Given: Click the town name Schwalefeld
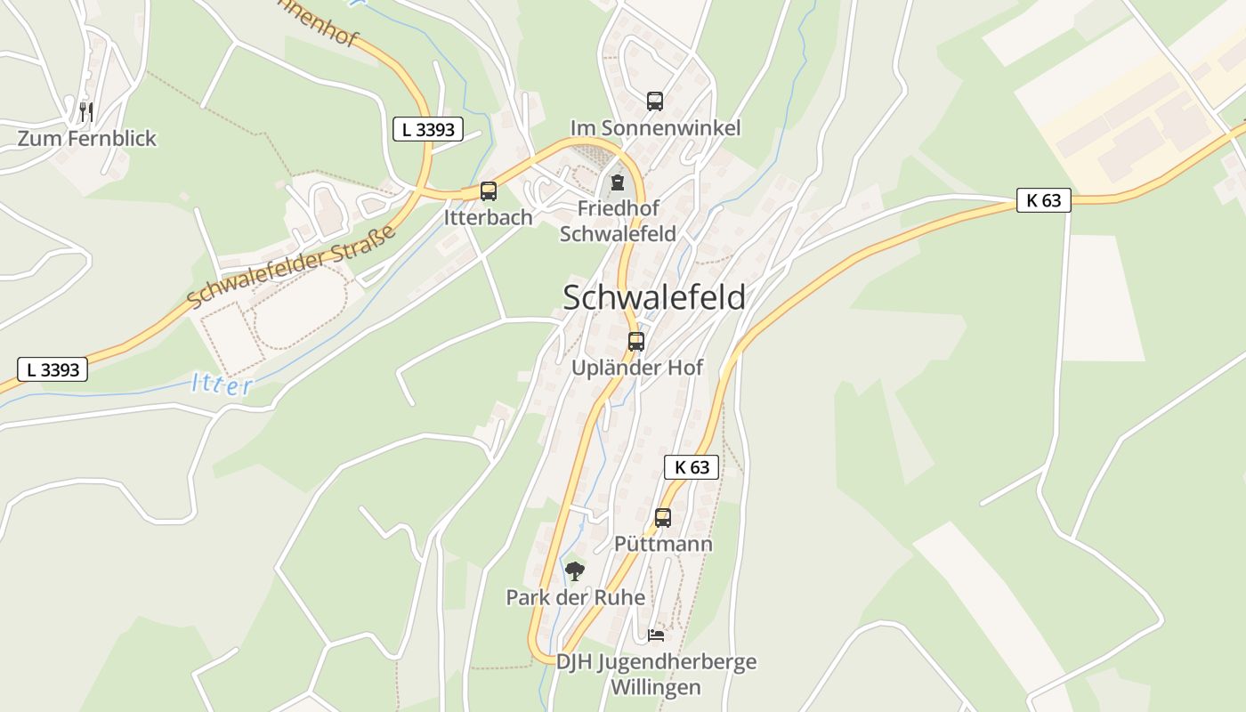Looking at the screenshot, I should point(654,298).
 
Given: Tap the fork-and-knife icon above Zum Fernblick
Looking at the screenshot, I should point(86,111).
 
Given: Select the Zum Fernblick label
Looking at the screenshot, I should point(87,139).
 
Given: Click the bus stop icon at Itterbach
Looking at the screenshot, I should point(488,190).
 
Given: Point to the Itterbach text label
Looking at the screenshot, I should point(489,217).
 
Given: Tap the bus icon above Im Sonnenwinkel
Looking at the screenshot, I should point(655,101).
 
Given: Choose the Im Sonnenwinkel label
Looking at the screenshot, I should point(655,128).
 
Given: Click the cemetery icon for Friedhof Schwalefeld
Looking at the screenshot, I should point(617,182).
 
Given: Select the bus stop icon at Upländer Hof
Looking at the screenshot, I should point(635,341).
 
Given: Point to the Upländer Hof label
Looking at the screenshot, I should point(637,368).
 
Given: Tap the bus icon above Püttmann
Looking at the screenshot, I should point(662,517).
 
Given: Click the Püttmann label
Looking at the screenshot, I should point(663,544).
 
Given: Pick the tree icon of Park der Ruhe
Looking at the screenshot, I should point(575,570).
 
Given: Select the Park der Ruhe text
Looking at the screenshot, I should point(575,597).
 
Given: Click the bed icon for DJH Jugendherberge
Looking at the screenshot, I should point(656,635).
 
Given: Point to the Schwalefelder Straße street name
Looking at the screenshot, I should point(291,267).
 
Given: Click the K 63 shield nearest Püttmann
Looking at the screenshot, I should point(691,466).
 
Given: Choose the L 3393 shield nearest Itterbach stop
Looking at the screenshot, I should point(428,129).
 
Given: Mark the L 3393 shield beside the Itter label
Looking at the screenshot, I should point(53,369).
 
